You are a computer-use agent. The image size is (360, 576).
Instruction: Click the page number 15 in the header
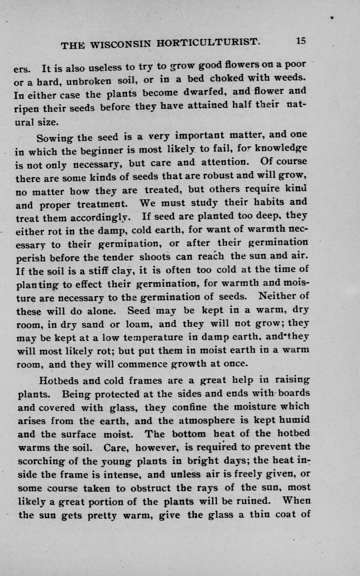(301, 41)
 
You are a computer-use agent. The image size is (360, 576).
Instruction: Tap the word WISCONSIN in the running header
(120, 43)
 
